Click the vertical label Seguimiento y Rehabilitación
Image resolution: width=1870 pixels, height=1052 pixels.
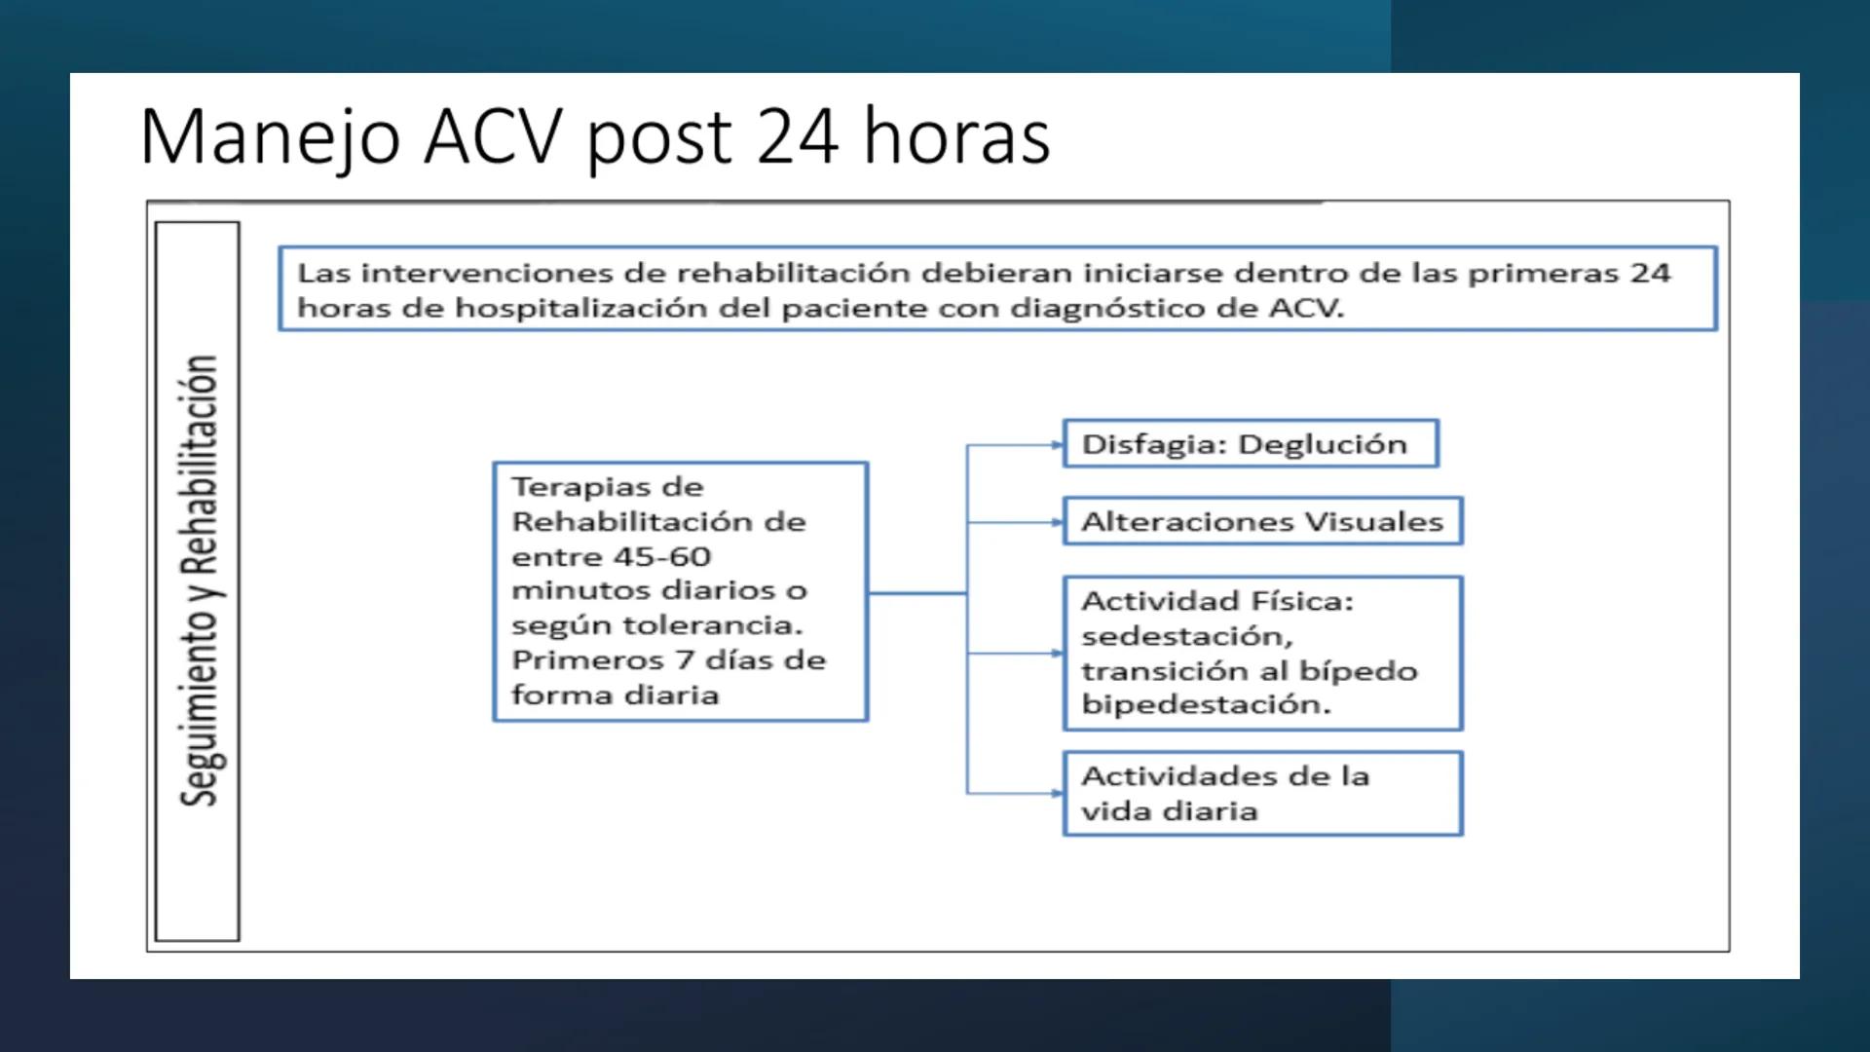(x=199, y=581)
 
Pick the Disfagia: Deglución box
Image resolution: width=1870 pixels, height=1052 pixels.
(x=1250, y=444)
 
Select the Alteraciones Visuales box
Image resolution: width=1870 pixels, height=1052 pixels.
(x=1262, y=521)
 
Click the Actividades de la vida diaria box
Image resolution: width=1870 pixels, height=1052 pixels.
(x=1262, y=793)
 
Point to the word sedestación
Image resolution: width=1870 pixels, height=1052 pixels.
(x=1187, y=636)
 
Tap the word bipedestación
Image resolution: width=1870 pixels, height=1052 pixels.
(x=1206, y=704)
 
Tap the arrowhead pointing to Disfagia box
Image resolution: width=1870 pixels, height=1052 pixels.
(x=1058, y=445)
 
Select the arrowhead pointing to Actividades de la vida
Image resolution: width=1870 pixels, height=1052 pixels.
(x=1058, y=793)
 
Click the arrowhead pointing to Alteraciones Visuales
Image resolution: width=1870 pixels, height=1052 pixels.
(x=1058, y=522)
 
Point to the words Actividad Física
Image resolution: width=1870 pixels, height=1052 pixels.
(x=1216, y=601)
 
